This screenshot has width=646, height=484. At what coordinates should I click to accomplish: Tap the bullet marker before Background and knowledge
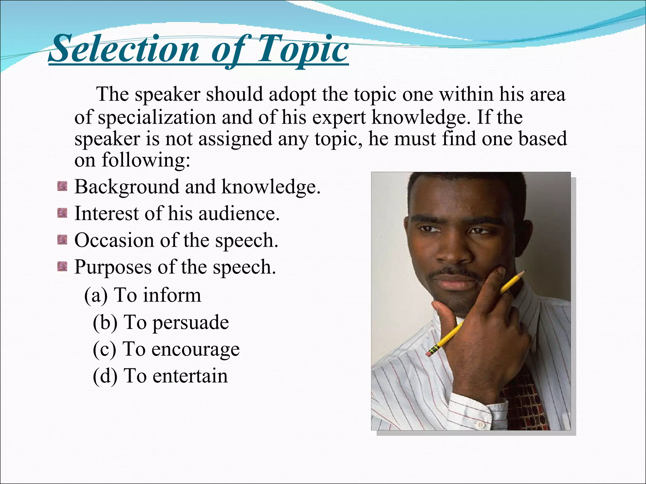(62, 187)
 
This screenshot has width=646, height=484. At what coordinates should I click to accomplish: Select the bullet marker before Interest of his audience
(62, 214)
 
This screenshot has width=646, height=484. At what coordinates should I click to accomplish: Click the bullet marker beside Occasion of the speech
(62, 240)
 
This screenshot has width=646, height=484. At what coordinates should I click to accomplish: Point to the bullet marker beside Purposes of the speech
(62, 267)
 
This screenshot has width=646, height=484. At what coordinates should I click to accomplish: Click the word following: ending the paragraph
(146, 160)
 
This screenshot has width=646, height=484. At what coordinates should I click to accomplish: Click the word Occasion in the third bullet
(114, 240)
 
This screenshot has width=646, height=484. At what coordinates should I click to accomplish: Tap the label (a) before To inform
(96, 296)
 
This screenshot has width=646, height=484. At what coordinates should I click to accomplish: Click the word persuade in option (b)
(191, 323)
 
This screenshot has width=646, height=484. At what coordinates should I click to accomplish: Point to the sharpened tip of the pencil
(525, 271)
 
